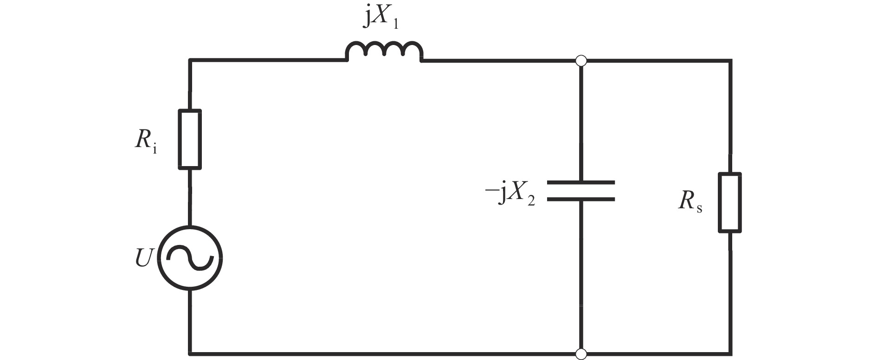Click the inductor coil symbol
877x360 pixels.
tap(384, 44)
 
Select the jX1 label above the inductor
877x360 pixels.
tap(381, 19)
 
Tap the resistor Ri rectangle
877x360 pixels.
tap(190, 139)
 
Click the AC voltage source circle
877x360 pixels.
tap(190, 258)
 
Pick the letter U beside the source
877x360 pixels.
tap(143, 258)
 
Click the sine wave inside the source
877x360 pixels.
tap(190, 258)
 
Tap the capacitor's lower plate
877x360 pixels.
tap(581, 199)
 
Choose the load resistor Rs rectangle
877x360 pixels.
tap(730, 202)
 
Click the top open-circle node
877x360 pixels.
tap(581, 60)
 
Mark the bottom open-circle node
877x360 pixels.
tap(581, 354)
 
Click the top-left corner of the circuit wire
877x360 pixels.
tap(190, 60)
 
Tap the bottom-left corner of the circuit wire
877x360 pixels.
tap(190, 354)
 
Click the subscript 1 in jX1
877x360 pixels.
tap(395, 24)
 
